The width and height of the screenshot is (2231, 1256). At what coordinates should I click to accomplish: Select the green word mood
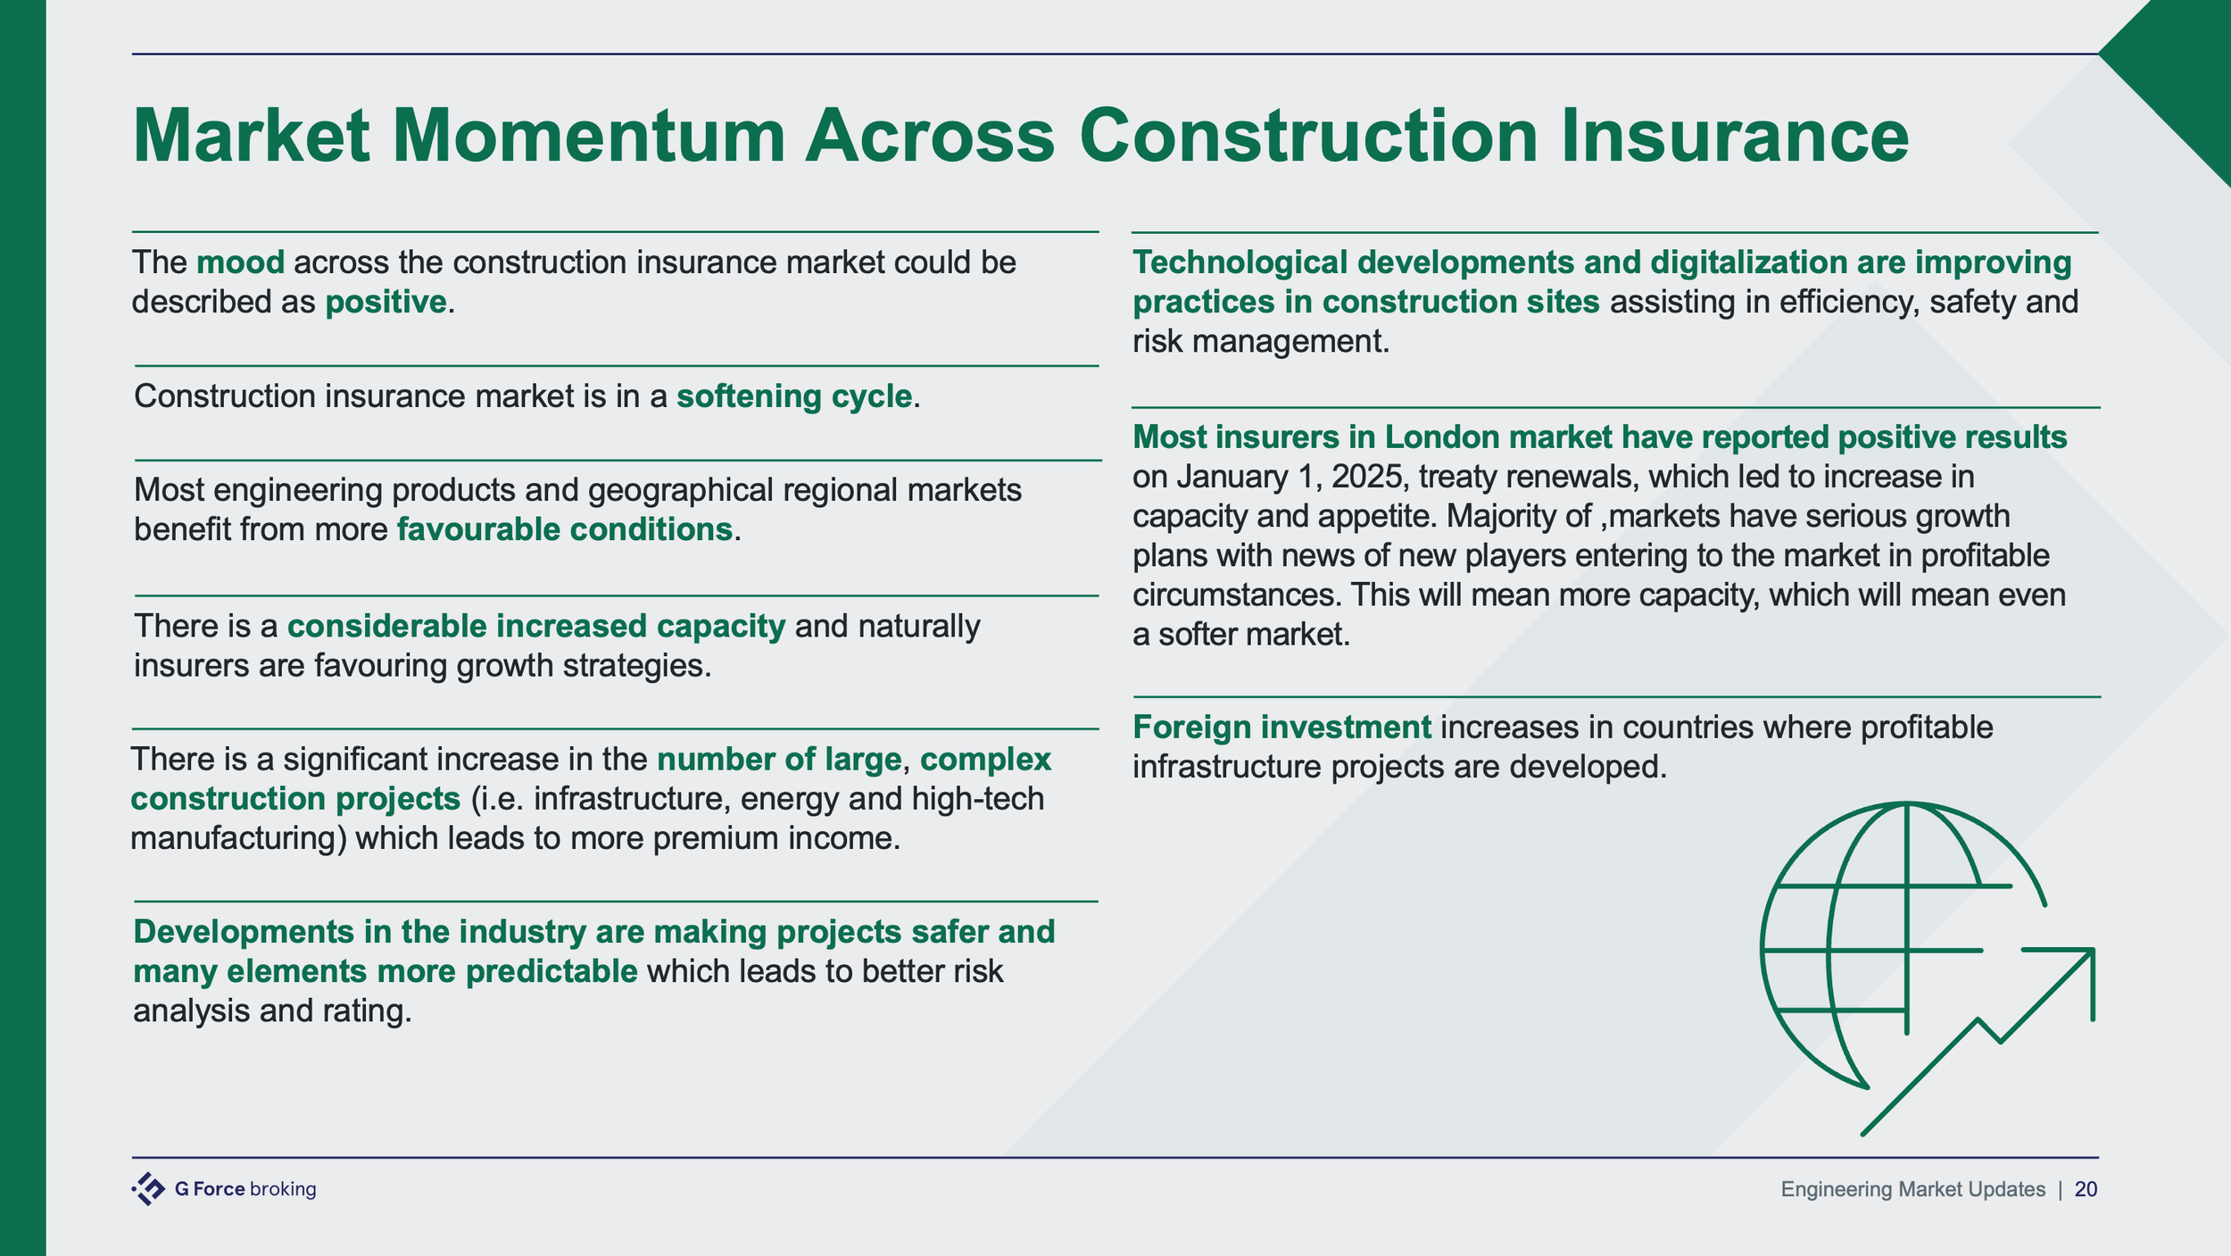(x=240, y=262)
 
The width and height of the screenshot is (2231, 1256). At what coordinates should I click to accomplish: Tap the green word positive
(x=386, y=303)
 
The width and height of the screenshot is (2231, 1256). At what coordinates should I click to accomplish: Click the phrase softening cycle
(x=794, y=396)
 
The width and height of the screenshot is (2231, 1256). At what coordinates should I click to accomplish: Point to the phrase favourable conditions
(x=564, y=530)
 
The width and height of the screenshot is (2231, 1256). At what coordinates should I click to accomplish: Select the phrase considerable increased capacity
(x=535, y=627)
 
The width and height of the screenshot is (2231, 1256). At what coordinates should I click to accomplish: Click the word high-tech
(x=978, y=799)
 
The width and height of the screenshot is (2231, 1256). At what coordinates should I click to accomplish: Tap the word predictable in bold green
(x=552, y=971)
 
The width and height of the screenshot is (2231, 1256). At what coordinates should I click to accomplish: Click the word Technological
(x=1240, y=262)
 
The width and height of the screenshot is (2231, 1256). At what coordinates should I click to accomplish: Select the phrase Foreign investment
(x=1281, y=728)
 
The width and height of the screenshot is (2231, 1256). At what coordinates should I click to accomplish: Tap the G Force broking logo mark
(x=148, y=1189)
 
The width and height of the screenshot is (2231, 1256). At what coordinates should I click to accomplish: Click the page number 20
(x=2086, y=1189)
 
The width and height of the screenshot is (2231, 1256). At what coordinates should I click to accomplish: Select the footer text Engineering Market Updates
(x=1912, y=1189)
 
